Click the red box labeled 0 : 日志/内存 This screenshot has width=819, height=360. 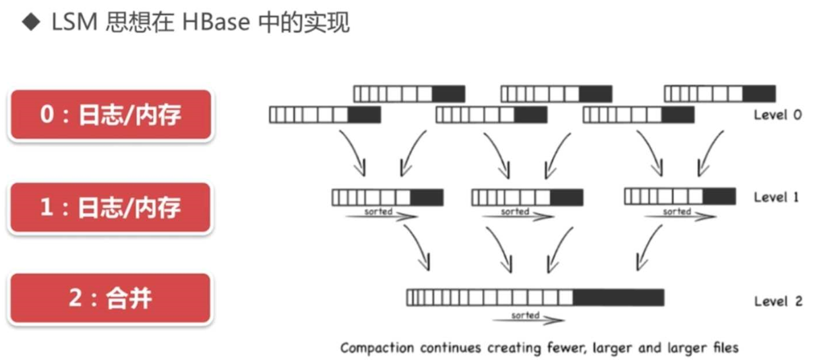(111, 115)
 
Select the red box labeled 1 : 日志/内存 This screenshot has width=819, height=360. (111, 208)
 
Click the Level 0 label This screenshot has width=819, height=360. (777, 115)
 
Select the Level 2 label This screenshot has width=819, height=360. (777, 301)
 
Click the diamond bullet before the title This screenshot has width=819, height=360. (30, 24)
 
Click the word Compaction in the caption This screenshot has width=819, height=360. (377, 348)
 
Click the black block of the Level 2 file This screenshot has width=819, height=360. (618, 297)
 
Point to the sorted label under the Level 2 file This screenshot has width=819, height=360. (525, 315)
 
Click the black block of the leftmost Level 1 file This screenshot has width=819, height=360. (427, 198)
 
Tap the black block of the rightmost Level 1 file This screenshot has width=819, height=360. (719, 196)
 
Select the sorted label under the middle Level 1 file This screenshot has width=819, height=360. (515, 212)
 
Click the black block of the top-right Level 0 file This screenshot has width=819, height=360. (759, 93)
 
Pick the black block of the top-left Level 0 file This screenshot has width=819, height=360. (448, 93)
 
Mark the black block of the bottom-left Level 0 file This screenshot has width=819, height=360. (364, 115)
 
